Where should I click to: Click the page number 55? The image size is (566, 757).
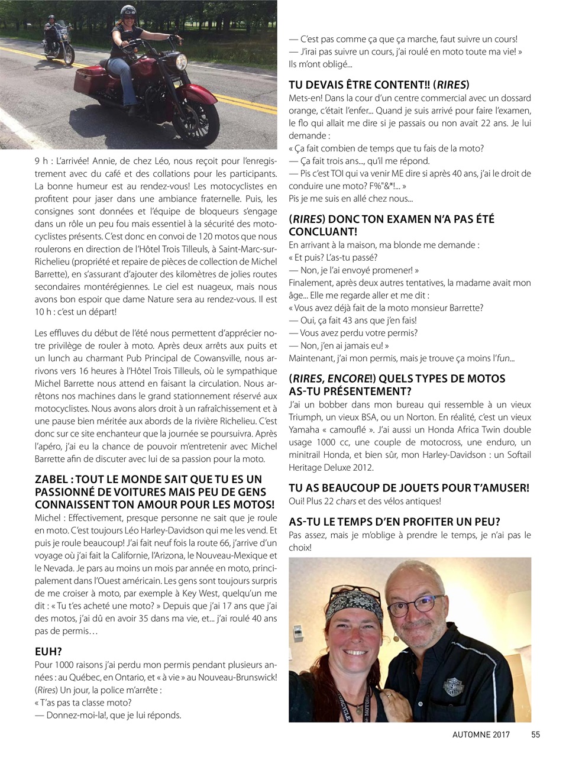click(x=535, y=735)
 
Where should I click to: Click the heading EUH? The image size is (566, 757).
click(x=48, y=652)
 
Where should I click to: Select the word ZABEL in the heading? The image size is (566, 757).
click(x=51, y=480)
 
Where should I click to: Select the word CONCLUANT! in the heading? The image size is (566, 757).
click(x=322, y=232)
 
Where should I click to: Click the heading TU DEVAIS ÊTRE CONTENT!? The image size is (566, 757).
click(x=379, y=85)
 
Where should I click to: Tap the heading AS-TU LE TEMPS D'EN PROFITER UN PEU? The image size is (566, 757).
click(x=394, y=522)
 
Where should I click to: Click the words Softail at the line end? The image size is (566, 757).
click(x=515, y=455)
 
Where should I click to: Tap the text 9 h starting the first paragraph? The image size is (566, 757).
click(x=41, y=161)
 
